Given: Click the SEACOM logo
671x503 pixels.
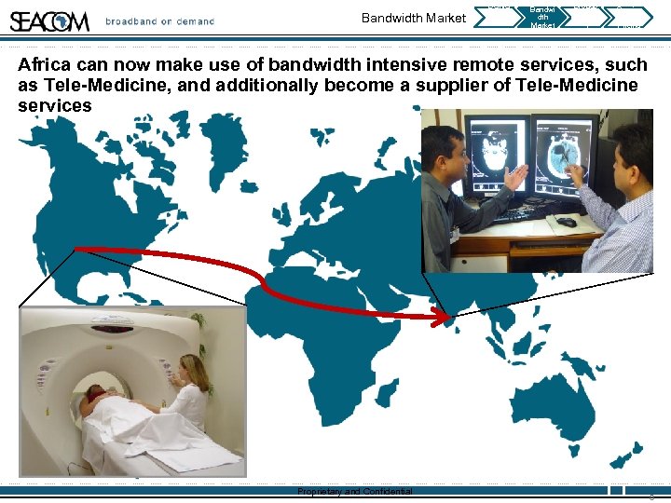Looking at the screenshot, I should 50,20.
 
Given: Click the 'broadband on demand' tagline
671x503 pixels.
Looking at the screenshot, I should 159,21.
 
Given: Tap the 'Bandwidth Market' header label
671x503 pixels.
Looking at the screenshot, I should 413,18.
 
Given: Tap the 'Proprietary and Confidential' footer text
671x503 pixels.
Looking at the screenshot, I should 354,492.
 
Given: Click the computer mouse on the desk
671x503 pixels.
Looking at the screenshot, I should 567,223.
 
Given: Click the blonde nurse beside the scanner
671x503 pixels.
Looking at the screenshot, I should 192,391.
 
